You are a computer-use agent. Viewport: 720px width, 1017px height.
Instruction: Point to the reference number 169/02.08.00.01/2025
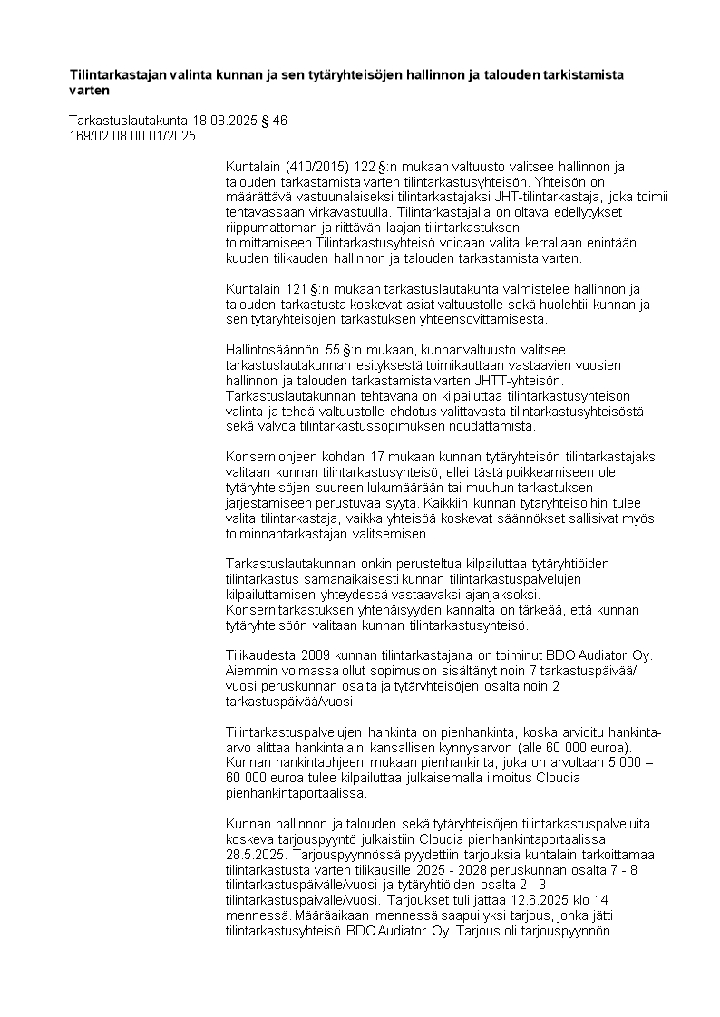132,136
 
